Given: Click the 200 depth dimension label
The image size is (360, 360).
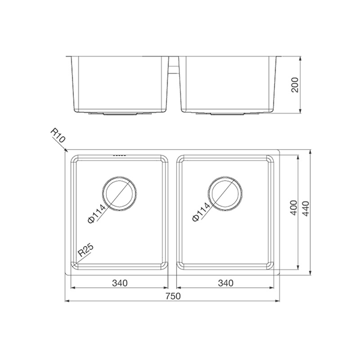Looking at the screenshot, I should tap(293, 86).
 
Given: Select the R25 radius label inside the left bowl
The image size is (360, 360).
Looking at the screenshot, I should tap(85, 251).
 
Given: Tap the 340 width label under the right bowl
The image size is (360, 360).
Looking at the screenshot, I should tap(226, 282).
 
